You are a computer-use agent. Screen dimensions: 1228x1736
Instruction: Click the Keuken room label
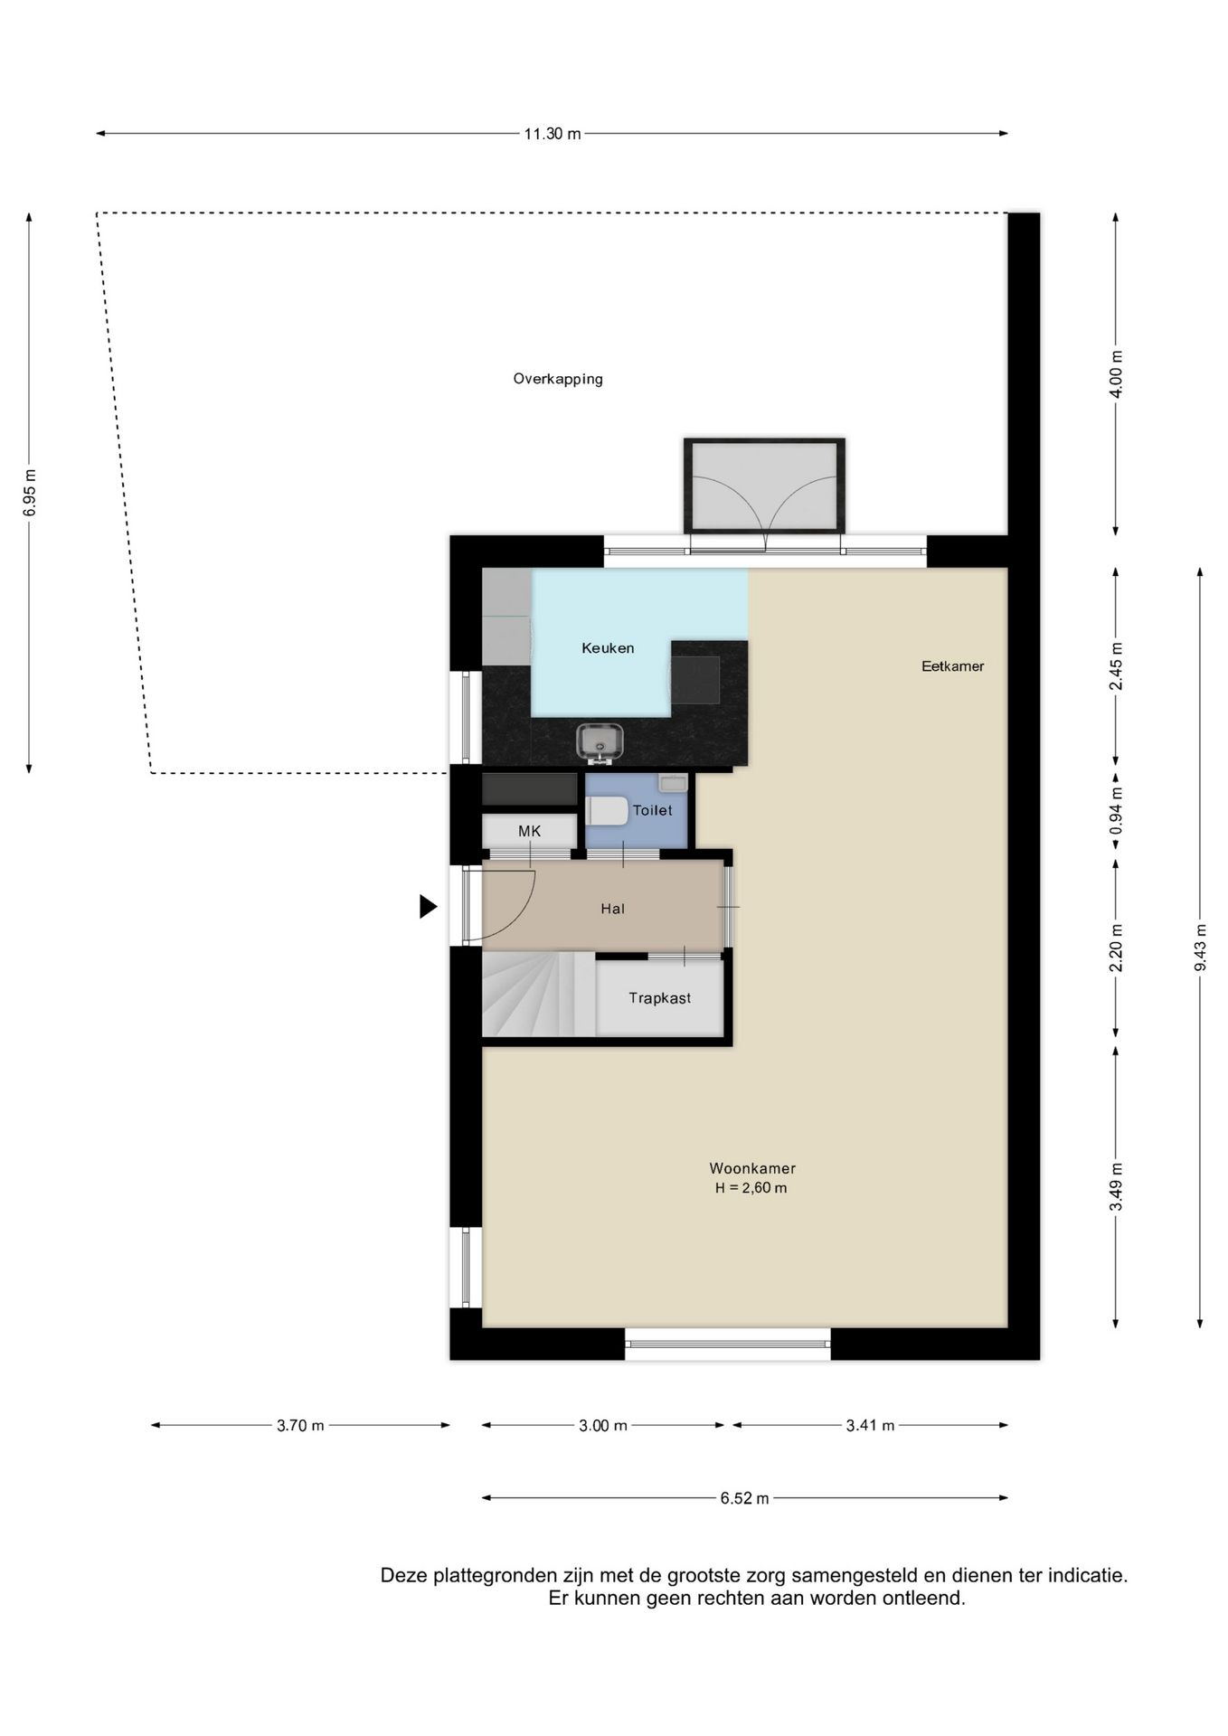[608, 648]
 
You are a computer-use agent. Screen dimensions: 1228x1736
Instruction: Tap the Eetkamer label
[952, 666]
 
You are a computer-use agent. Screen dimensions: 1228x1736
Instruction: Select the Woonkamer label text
[752, 1168]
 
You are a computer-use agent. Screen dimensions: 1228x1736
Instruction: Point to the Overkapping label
[558, 379]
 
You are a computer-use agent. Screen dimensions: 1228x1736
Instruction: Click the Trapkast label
[660, 998]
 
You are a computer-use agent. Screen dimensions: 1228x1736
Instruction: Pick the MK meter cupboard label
[529, 831]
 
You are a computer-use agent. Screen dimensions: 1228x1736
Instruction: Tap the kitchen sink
[600, 741]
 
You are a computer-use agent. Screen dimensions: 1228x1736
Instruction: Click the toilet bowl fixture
[607, 811]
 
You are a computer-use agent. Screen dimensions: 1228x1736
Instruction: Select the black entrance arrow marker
[429, 906]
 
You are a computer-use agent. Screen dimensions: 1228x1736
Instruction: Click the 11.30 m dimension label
[553, 134]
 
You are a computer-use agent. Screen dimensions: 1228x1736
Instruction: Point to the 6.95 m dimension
[30, 493]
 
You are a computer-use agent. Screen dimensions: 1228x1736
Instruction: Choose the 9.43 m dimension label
[1201, 948]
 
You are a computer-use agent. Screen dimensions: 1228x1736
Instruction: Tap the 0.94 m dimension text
[1116, 811]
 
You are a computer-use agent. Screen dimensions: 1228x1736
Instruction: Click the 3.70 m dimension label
[300, 1426]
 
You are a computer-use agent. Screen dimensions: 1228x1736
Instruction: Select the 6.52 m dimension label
[744, 1498]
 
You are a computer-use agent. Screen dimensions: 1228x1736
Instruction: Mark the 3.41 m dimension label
[870, 1426]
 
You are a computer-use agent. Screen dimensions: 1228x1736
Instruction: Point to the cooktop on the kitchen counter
[695, 680]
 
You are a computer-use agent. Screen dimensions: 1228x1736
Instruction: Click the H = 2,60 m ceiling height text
[751, 1188]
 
